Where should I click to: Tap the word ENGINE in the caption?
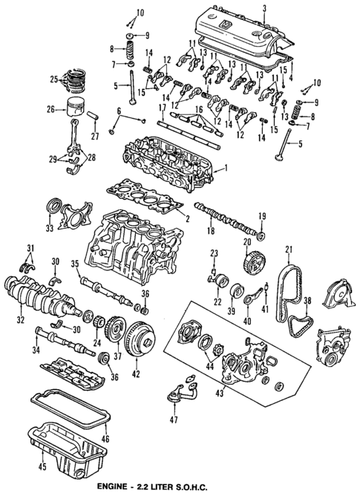click(128, 486)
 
